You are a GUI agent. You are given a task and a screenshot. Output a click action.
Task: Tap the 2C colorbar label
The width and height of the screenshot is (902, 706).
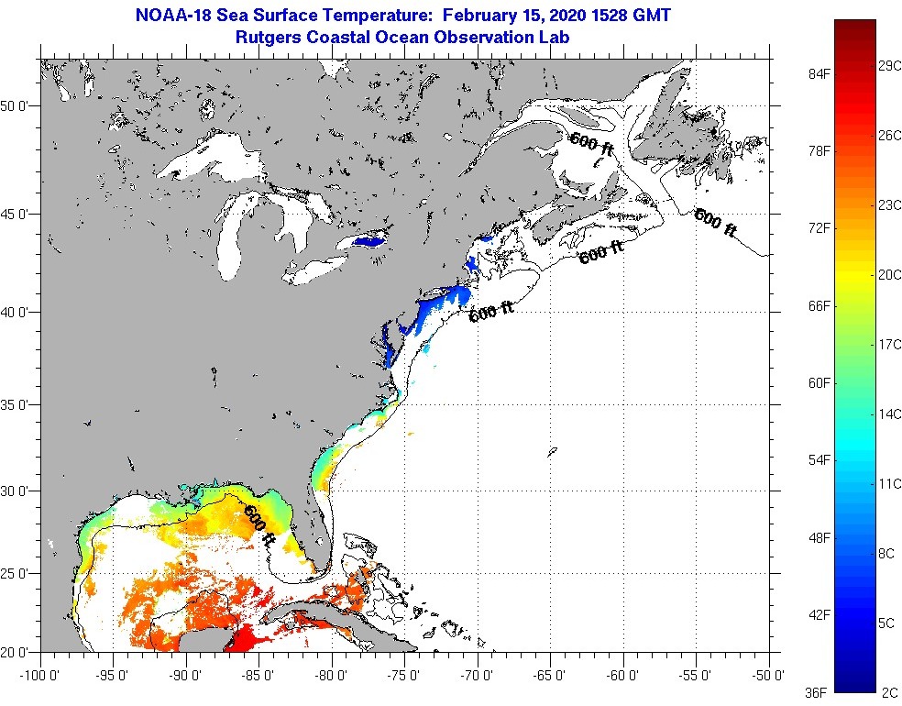[x=886, y=692]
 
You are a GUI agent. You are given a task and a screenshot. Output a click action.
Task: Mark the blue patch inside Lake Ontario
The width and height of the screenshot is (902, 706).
[x=365, y=242]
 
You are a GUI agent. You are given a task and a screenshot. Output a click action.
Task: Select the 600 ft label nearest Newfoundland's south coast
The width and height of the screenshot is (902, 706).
[x=715, y=223]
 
